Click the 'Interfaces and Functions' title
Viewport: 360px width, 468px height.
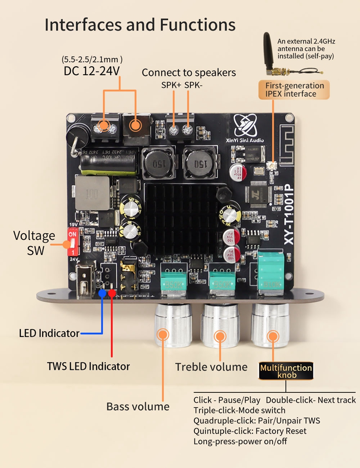click(140, 24)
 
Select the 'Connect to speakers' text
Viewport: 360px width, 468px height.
click(189, 72)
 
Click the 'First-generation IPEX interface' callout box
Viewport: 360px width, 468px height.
click(294, 90)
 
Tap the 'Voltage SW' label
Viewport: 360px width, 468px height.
click(34, 243)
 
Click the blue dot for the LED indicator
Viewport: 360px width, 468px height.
click(103, 292)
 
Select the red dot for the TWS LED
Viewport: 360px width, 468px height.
click(112, 293)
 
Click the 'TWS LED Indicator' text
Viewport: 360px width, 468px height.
click(88, 366)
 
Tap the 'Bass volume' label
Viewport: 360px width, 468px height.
click(138, 406)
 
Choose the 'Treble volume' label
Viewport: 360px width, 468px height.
click(211, 367)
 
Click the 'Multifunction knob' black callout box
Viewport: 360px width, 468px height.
click(286, 371)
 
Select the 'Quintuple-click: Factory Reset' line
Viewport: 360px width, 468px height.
click(250, 431)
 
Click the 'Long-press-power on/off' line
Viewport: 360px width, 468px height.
click(240, 441)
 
